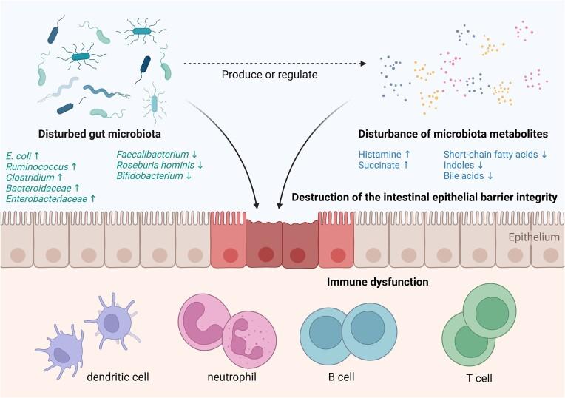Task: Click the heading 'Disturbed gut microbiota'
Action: (85, 134)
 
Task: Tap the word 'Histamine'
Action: (379, 155)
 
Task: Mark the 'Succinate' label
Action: (379, 166)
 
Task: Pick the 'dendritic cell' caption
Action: (118, 377)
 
